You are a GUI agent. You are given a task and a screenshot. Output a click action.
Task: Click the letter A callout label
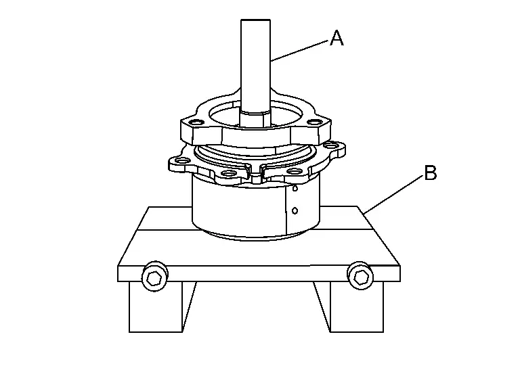click(337, 37)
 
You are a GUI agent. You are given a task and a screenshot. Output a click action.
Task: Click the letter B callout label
click(431, 172)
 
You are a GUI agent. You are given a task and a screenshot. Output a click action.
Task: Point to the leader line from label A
click(299, 51)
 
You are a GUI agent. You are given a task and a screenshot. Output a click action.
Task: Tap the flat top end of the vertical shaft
click(255, 20)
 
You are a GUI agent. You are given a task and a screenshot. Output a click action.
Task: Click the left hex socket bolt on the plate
click(154, 277)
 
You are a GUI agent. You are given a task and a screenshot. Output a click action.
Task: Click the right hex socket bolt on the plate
click(360, 276)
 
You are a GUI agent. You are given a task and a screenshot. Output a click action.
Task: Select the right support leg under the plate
click(351, 306)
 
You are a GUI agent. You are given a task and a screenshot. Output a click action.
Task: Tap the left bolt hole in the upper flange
click(196, 122)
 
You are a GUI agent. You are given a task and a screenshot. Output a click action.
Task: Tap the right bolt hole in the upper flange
click(312, 122)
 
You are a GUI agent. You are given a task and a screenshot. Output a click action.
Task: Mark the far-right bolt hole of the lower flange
click(330, 145)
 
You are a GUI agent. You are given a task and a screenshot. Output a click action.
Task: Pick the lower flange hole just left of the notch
click(228, 173)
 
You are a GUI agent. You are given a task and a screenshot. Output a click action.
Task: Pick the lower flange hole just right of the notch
click(293, 172)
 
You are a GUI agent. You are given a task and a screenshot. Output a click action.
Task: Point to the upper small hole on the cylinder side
click(295, 189)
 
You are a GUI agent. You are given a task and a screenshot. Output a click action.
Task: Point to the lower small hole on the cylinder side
click(295, 210)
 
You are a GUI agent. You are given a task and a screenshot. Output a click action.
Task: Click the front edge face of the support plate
click(259, 273)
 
